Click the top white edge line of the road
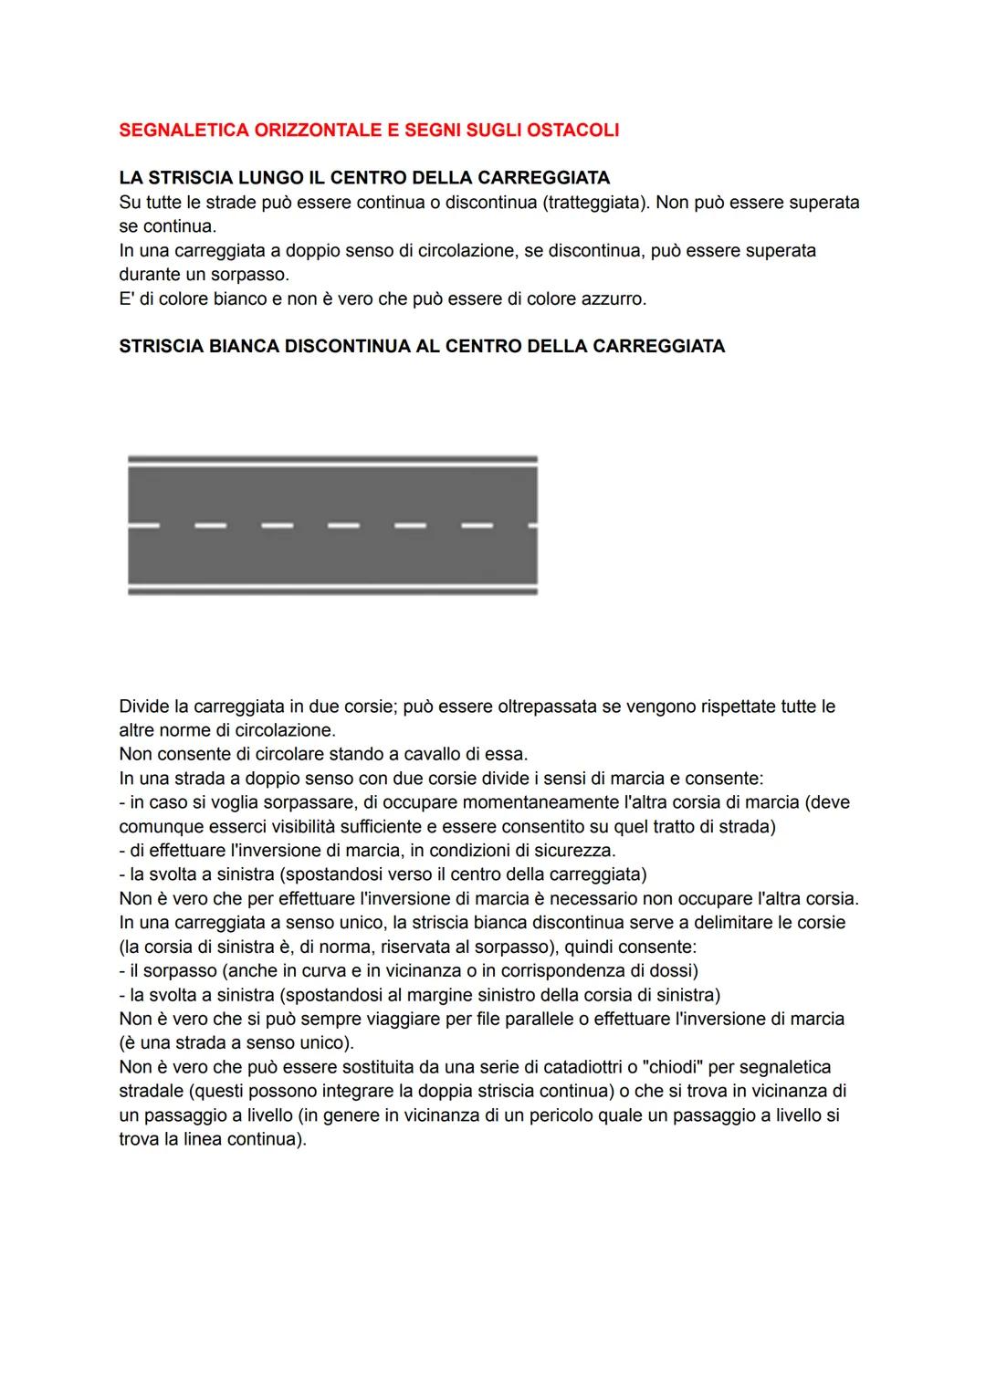tap(332, 458)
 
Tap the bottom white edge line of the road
tap(332, 591)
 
